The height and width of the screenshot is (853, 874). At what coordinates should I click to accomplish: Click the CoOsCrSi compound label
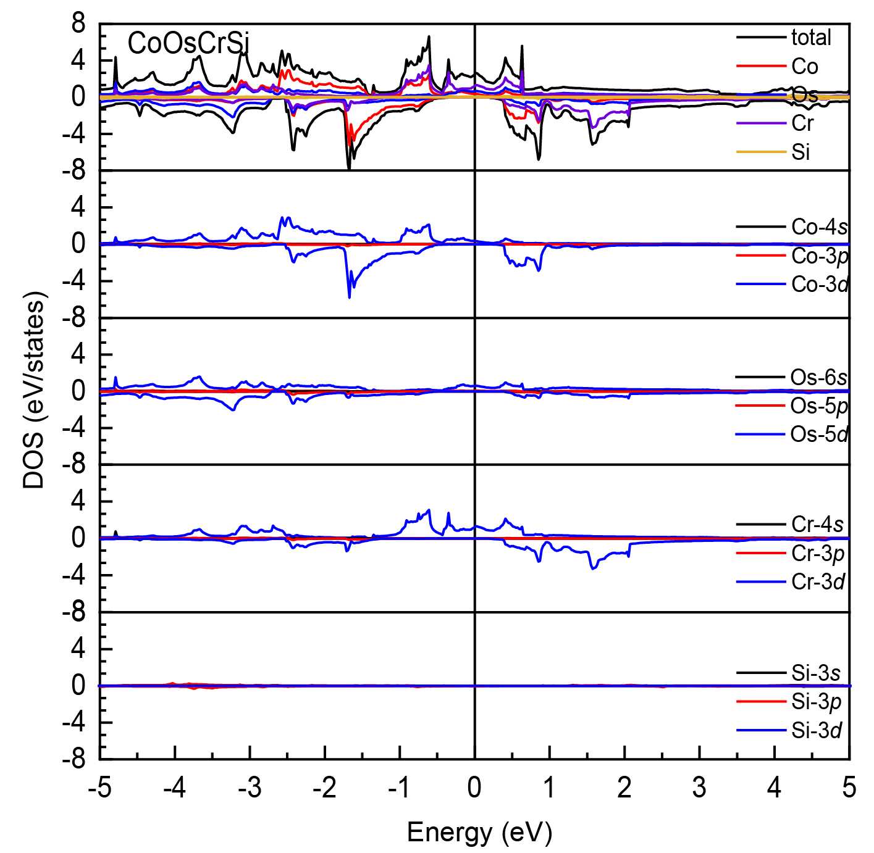pos(188,44)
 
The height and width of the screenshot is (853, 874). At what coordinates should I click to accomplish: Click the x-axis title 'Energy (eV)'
pos(479,832)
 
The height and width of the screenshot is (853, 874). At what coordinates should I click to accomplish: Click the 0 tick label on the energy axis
pos(474,788)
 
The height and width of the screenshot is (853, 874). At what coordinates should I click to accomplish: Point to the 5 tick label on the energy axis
pos(849,788)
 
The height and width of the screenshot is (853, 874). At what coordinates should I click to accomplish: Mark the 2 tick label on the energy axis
pos(624,788)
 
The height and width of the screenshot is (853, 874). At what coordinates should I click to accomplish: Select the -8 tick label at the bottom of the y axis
pos(74,759)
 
